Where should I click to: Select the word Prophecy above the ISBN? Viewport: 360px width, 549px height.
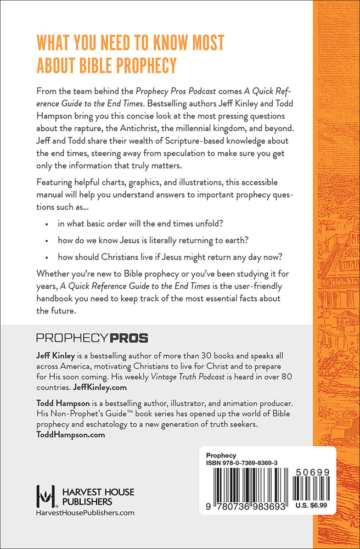click(x=221, y=456)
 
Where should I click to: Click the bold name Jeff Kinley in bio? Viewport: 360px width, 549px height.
click(x=56, y=356)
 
